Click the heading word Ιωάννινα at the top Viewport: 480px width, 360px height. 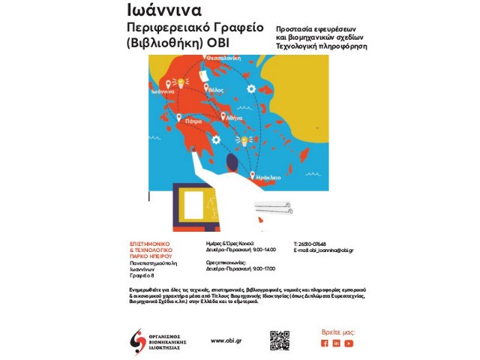coord(163,10)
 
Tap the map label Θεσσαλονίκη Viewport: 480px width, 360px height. coord(223,58)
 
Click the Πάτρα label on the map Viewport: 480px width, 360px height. coord(194,120)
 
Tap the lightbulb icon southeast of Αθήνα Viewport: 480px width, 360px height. coord(243,140)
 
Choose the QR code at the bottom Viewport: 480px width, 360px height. coord(280,340)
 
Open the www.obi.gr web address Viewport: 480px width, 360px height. coord(226,340)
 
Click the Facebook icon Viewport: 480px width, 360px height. coord(325,343)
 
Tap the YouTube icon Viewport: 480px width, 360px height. coord(349,343)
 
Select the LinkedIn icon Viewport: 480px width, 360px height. coord(337,343)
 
